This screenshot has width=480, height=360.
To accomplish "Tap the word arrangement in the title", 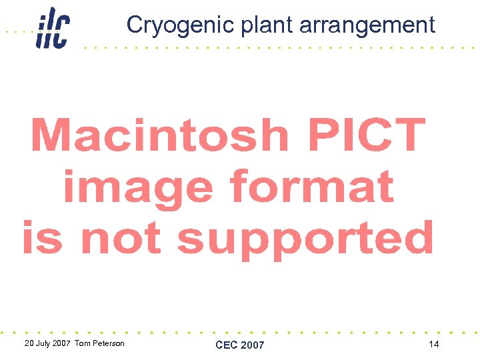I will pos(367,25).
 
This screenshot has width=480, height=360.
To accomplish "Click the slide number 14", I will pos(433,344).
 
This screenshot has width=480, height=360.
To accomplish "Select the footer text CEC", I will pos(227,345).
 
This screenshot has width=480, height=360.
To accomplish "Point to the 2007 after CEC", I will pos(252,345).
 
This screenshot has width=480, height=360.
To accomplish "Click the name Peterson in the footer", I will pos(107,344).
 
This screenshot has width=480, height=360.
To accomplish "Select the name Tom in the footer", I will pos(82,344).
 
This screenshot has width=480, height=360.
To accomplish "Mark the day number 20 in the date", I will pos(28,344).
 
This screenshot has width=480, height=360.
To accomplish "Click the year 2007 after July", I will pos(63,344).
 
